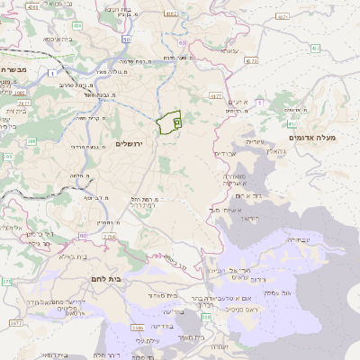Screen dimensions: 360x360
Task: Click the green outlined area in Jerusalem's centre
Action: [x=167, y=122]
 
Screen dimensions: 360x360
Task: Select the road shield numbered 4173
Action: [x=249, y=61]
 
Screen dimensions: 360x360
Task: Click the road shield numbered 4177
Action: [x=214, y=94]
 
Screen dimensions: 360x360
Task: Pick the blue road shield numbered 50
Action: [x=126, y=40]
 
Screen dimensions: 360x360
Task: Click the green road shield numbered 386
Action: [x=31, y=141]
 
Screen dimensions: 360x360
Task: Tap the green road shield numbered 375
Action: [x=7, y=282]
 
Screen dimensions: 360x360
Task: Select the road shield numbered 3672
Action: [x=109, y=237]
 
